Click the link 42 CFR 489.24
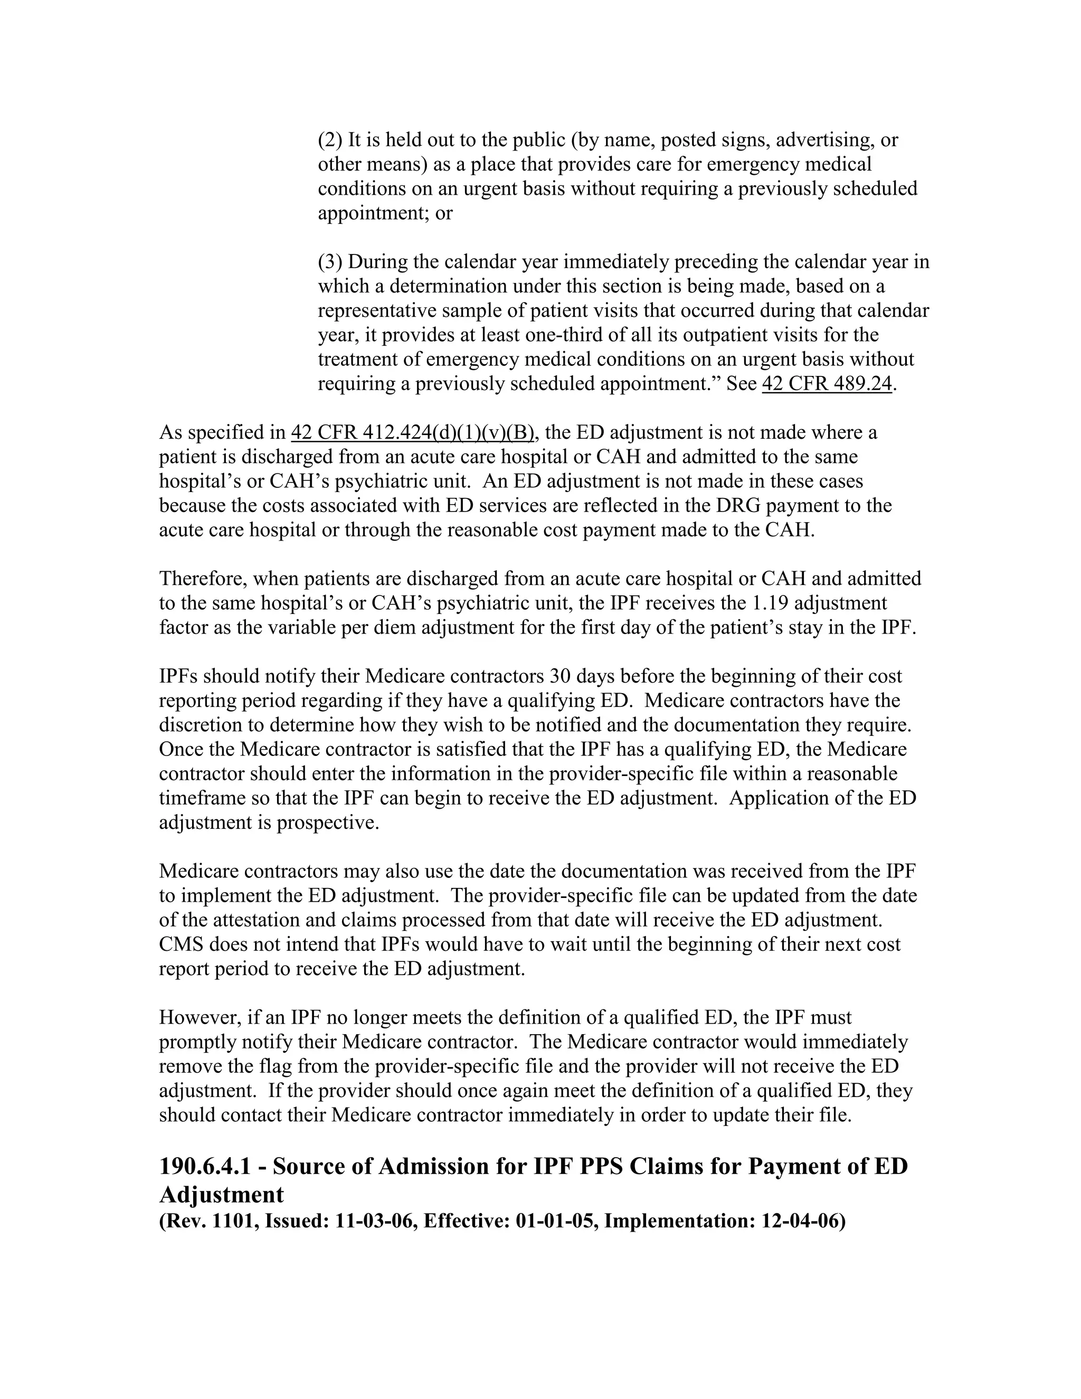pos(826,384)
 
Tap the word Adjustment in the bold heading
pos(221,1195)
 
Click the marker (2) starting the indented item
pos(330,140)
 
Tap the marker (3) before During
pos(330,262)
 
